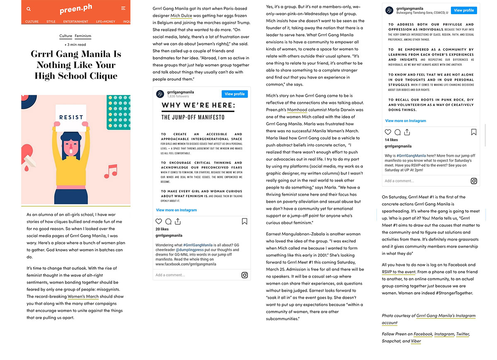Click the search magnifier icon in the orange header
(29, 9)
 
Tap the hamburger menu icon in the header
(123, 8)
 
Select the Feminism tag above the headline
(83, 36)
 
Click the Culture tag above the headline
(65, 36)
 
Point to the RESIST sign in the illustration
(71, 117)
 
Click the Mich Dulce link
(181, 15)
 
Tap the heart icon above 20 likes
(159, 221)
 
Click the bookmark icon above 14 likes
(474, 132)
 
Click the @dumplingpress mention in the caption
(191, 250)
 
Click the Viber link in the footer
(416, 341)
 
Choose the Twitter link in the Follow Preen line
(463, 334)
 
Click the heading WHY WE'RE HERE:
(198, 105)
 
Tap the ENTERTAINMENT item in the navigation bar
(75, 22)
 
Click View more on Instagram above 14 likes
(405, 121)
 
